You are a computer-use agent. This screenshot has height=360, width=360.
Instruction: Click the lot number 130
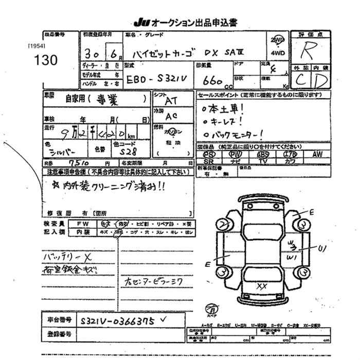(46, 60)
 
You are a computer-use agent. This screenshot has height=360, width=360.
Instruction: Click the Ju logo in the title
(140, 22)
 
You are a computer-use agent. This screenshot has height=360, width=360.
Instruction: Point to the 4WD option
(276, 52)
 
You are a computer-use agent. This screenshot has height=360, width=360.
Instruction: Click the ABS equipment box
(263, 154)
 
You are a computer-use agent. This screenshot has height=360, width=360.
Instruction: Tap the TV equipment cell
(263, 161)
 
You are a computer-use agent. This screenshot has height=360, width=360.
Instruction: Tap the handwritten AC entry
(173, 117)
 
